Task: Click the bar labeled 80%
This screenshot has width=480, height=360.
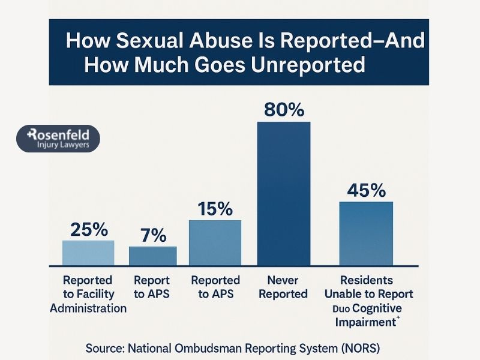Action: point(284,193)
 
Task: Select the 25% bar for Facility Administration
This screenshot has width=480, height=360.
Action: point(88,253)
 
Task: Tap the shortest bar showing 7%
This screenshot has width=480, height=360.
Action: point(153,256)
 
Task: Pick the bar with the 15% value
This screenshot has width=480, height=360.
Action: point(215,242)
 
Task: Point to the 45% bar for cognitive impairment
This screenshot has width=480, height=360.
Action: point(366,233)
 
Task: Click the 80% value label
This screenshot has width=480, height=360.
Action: point(284,110)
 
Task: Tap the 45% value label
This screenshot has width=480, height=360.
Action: point(366,190)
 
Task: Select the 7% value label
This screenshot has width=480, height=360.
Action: point(153,236)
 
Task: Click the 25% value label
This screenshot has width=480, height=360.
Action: point(89,229)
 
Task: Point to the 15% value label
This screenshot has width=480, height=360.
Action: point(215,209)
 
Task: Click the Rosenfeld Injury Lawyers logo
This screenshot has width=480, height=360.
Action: point(58,139)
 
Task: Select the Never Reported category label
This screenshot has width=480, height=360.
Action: point(284,287)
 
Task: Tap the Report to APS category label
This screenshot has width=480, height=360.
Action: point(152,287)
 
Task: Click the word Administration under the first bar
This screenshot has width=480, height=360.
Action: point(88,308)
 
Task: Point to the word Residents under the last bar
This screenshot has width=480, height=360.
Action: point(366,280)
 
